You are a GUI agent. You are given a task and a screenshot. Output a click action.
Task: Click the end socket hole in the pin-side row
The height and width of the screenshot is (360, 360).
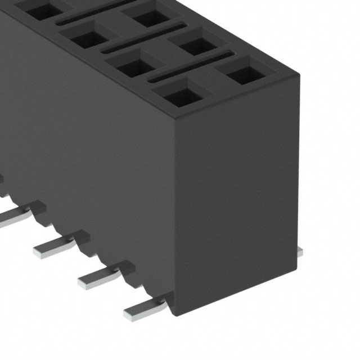click(x=183, y=96)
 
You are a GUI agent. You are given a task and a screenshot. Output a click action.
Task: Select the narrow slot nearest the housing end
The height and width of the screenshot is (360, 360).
click(x=191, y=67)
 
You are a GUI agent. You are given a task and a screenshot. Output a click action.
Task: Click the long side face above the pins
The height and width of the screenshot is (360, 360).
click(x=84, y=141)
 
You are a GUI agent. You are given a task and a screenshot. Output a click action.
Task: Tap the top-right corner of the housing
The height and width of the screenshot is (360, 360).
click(x=296, y=76)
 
